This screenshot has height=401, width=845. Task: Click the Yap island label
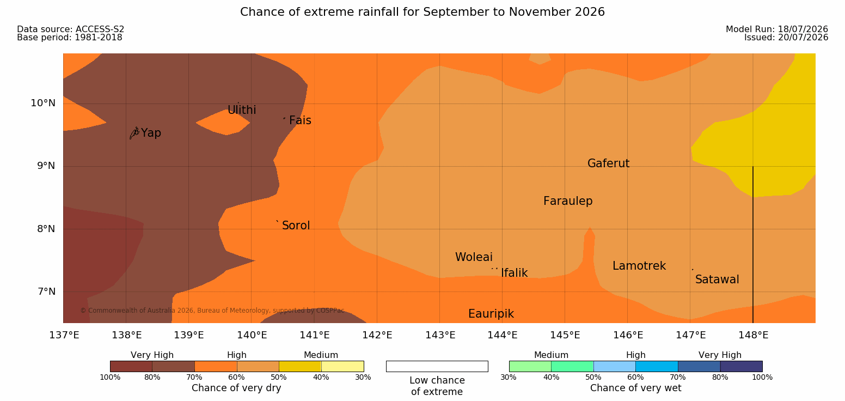(x=151, y=133)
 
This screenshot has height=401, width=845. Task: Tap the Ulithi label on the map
(x=242, y=110)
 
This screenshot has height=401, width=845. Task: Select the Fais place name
(x=301, y=120)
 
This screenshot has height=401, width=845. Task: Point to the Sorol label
(x=296, y=226)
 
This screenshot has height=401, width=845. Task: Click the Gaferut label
(x=609, y=163)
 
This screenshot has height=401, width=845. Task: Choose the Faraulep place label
(x=568, y=201)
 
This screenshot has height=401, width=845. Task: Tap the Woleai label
(x=474, y=257)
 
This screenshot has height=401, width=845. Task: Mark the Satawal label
(x=717, y=280)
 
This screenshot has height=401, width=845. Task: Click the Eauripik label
(x=491, y=314)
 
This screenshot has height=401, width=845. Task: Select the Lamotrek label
(x=639, y=266)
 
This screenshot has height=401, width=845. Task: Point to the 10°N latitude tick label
(x=43, y=103)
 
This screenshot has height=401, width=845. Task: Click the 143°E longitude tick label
(x=440, y=335)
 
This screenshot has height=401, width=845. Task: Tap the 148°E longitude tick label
(x=753, y=335)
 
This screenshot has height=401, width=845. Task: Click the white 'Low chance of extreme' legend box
(x=437, y=366)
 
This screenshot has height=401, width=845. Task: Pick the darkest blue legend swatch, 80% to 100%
(x=741, y=366)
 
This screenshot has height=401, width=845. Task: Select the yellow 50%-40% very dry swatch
(x=301, y=366)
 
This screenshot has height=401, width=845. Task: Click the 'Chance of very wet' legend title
(x=635, y=388)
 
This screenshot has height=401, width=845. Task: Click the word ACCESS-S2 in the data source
(x=100, y=29)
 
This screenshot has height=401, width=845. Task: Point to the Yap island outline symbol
(x=134, y=133)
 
